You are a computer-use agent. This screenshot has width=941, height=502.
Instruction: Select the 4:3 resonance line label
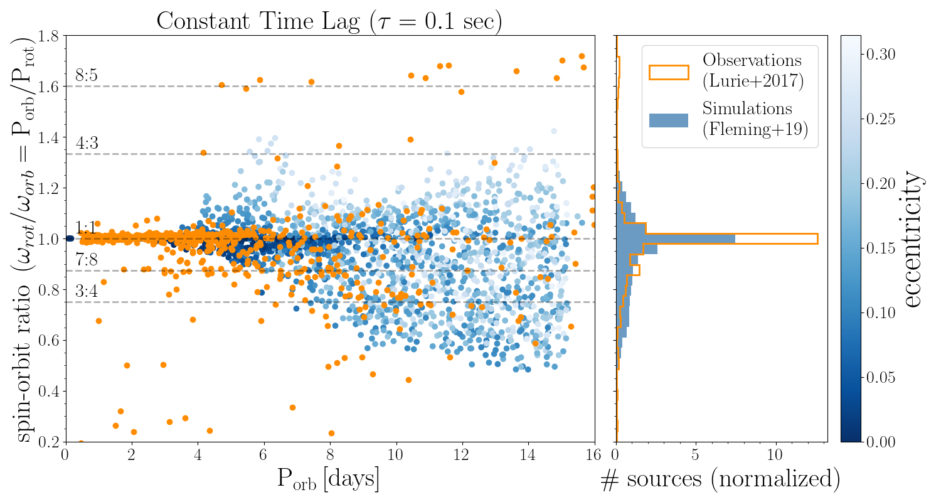[87, 143]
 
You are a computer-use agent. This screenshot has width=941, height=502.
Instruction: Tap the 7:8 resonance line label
[87, 260]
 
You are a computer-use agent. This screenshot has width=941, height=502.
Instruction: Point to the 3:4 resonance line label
[87, 291]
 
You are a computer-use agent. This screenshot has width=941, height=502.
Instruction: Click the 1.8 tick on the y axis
[51, 36]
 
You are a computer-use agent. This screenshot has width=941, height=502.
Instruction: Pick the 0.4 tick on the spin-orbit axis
[51, 392]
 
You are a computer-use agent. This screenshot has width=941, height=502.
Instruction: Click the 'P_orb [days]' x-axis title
[329, 480]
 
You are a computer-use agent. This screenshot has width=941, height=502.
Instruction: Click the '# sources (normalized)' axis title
[720, 480]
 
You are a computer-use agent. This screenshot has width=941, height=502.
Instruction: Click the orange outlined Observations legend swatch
[669, 73]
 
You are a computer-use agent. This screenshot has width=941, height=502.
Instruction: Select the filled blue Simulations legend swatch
[669, 120]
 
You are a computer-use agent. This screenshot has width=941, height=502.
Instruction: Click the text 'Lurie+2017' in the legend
[753, 81]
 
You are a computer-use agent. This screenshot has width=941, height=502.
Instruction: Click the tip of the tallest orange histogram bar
[817, 238]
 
